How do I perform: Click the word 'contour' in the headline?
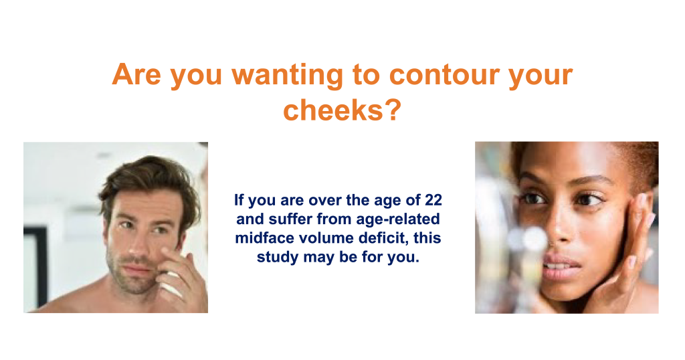[x=444, y=75]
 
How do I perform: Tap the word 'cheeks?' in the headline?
[x=342, y=110]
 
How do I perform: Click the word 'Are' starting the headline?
[x=136, y=74]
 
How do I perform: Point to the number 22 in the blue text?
[x=433, y=200]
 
